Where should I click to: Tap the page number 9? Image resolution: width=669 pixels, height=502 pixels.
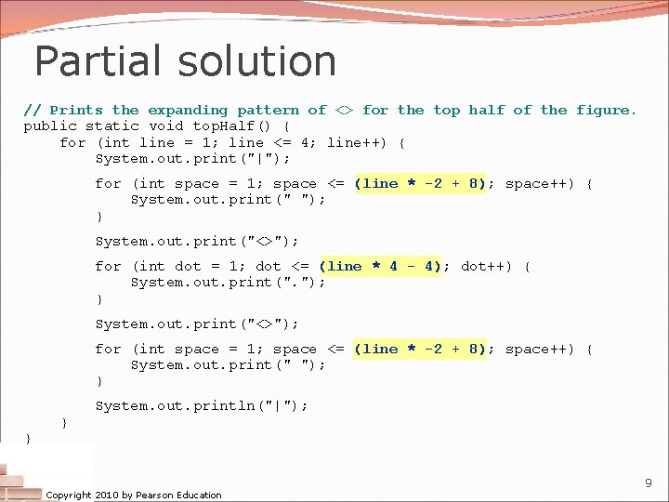[x=648, y=482]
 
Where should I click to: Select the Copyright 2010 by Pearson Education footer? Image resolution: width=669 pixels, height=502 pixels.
[x=134, y=495]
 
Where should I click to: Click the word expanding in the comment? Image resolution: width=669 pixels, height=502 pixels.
[x=187, y=110]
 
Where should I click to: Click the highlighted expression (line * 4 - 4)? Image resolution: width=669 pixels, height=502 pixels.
[x=380, y=267]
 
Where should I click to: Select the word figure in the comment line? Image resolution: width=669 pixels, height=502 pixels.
[x=605, y=110]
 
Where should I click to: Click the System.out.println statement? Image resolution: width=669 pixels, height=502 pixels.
[x=202, y=405]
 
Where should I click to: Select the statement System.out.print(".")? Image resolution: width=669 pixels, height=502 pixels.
[x=229, y=283]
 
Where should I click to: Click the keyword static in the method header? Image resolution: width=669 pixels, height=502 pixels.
[x=112, y=125]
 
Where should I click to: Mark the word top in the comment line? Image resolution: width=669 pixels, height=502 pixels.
[x=447, y=110]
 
